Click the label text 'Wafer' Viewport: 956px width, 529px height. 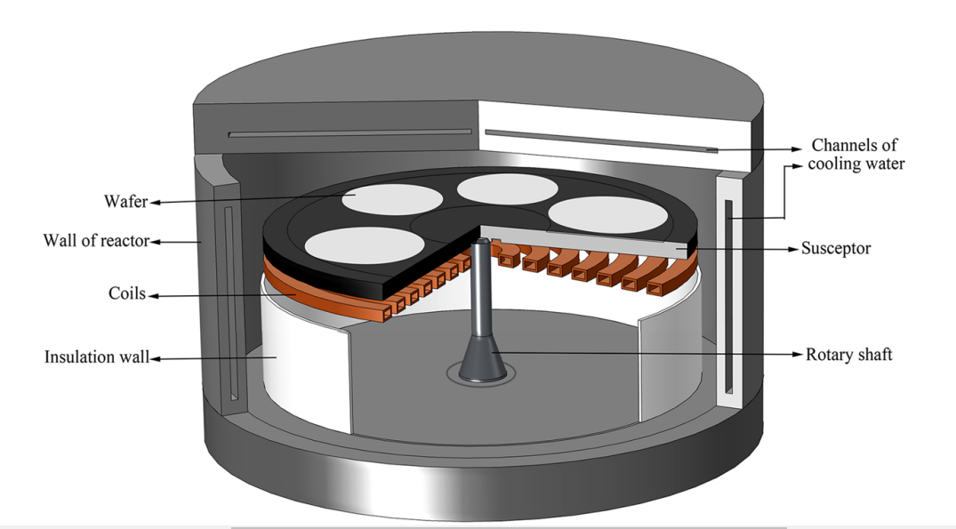[x=125, y=202]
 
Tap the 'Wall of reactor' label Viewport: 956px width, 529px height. [x=96, y=241]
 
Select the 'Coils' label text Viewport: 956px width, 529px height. [x=127, y=293]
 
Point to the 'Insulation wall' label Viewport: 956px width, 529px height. [x=97, y=357]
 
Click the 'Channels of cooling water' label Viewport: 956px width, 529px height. [x=856, y=154]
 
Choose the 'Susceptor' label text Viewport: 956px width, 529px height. [x=836, y=249]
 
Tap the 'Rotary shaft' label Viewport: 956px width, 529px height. [x=848, y=355]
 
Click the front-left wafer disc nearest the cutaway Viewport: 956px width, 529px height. [x=365, y=244]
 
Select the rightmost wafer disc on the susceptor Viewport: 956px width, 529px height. [x=608, y=214]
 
